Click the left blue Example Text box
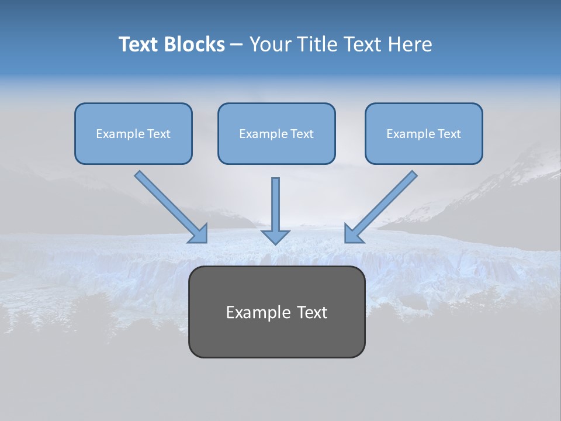tap(133, 133)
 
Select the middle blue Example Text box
tap(276, 133)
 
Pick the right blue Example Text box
tap(424, 133)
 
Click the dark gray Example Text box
tap(276, 312)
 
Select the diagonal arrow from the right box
tap(383, 205)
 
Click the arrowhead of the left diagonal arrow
tap(199, 234)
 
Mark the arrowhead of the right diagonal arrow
tap(353, 234)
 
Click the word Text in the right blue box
tap(449, 134)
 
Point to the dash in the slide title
tap(237, 45)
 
